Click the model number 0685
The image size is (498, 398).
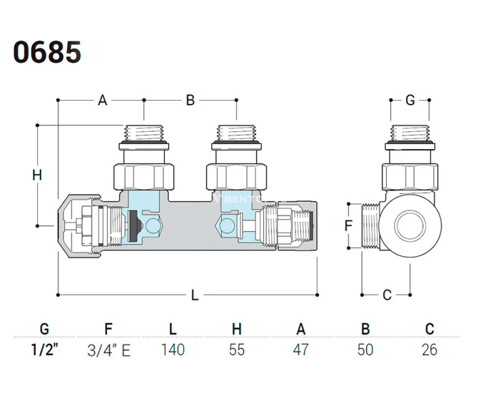47,52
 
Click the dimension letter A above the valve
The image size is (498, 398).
103,100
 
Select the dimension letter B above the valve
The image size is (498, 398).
190,100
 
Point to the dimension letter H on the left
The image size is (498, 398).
37,176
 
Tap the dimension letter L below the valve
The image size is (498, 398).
194,296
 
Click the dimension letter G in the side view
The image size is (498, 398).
410,100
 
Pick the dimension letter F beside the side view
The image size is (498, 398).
349,225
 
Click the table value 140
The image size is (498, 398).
172,350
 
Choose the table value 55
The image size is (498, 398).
237,350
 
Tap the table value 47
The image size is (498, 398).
301,350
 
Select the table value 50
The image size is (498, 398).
365,350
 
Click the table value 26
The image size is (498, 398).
430,350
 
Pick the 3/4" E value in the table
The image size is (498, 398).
108,350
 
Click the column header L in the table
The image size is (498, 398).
172,329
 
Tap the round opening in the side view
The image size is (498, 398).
411,224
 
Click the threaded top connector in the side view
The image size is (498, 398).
410,134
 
